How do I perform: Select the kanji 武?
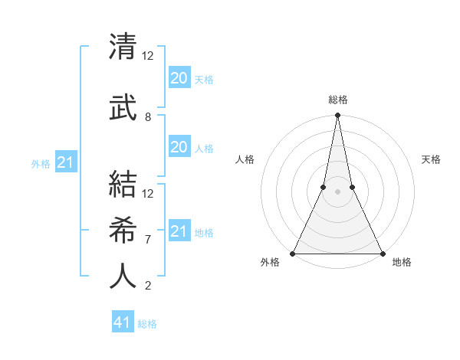(123, 106)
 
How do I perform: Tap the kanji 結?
(123, 184)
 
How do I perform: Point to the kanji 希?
(123, 228)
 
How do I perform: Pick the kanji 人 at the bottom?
(123, 275)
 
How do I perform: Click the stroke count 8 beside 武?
(148, 117)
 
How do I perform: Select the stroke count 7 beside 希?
(148, 239)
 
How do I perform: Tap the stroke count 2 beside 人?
(148, 286)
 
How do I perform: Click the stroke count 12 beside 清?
(148, 56)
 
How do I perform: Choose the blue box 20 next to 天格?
(179, 78)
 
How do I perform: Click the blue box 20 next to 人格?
(179, 147)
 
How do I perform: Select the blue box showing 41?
(122, 322)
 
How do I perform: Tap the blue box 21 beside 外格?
(65, 162)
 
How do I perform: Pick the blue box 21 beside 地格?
(179, 231)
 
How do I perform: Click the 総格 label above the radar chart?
(337, 100)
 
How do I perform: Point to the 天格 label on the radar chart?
(431, 159)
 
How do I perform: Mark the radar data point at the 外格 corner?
(293, 254)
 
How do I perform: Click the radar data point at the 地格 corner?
(382, 254)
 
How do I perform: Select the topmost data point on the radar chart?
(337, 116)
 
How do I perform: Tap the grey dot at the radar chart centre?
(337, 192)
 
